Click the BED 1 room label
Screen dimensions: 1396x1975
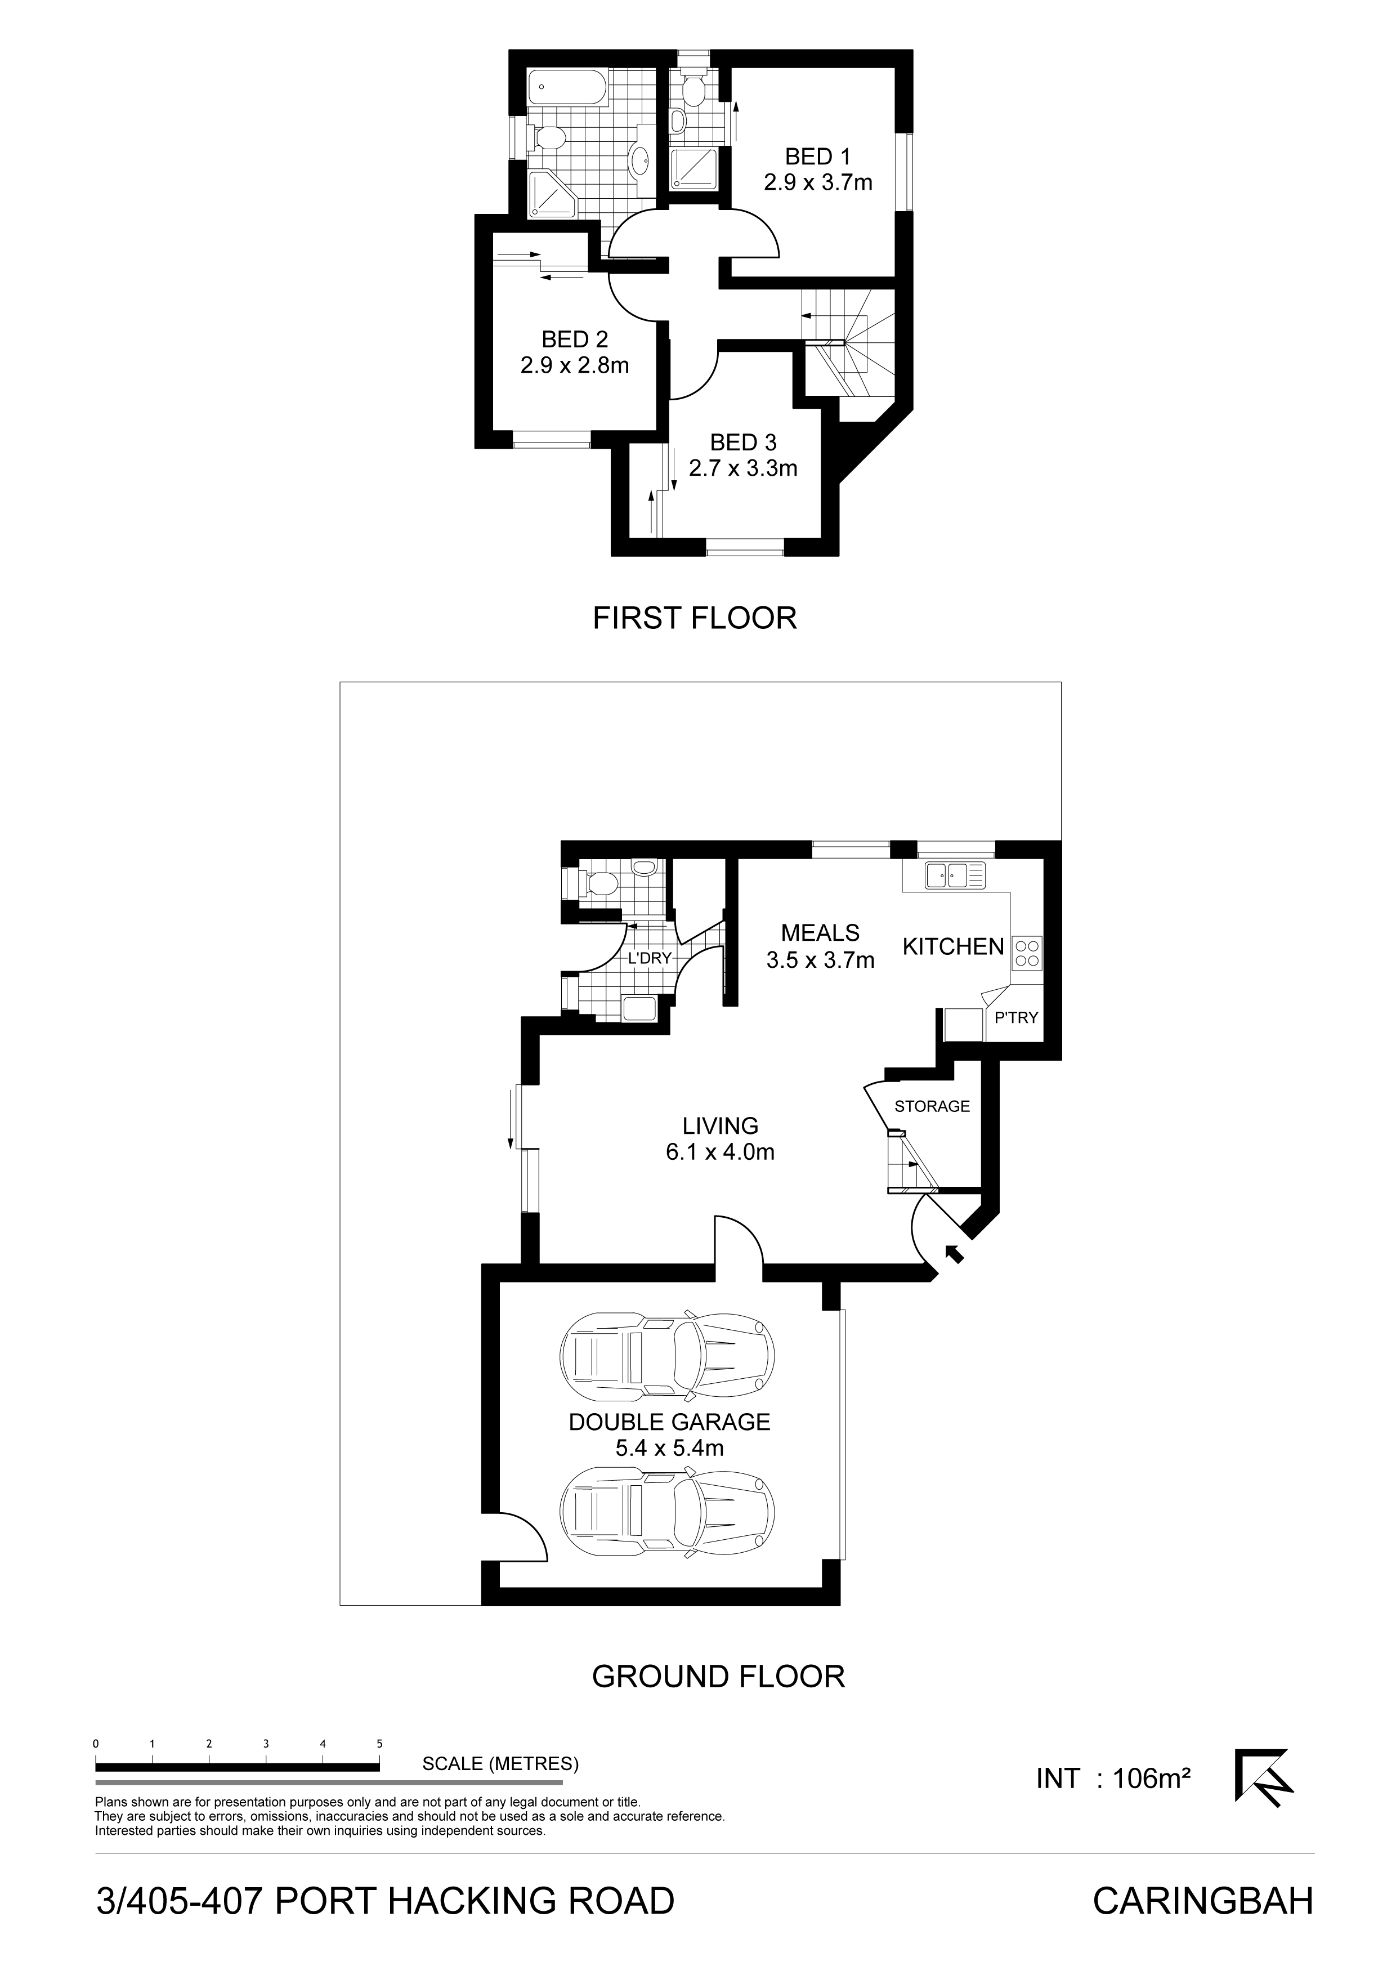(817, 157)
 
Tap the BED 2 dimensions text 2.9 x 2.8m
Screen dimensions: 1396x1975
(575, 365)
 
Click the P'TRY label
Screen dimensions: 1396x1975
(1017, 1017)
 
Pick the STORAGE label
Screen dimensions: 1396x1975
(932, 1106)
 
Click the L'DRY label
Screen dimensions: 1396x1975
(650, 958)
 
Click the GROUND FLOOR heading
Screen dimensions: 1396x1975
(719, 1677)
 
